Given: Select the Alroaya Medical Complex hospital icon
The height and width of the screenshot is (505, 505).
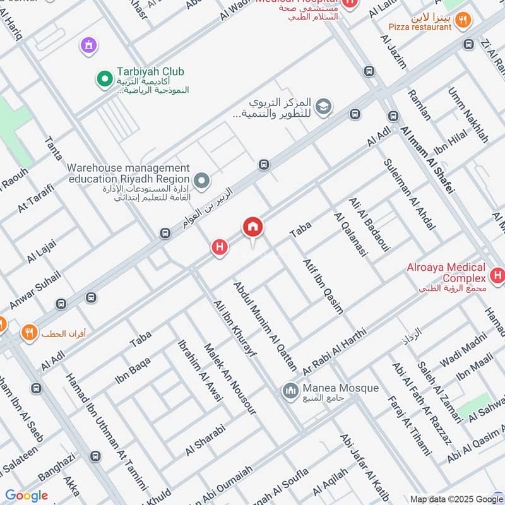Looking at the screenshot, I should coord(497,275).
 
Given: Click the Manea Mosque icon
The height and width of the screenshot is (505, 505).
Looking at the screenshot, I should coord(290,391).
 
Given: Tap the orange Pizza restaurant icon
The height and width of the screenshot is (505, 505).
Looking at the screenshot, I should coord(464,20).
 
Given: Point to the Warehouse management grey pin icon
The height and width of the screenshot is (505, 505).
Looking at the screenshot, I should coord(202,182).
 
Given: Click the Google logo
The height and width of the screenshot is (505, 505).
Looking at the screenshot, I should coord(27,496).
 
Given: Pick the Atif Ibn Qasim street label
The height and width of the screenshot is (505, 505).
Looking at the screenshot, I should coord(323,286).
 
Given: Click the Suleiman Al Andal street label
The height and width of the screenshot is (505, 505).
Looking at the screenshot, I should coord(409,193).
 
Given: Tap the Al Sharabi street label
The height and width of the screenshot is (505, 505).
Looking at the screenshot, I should coord(205,441).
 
